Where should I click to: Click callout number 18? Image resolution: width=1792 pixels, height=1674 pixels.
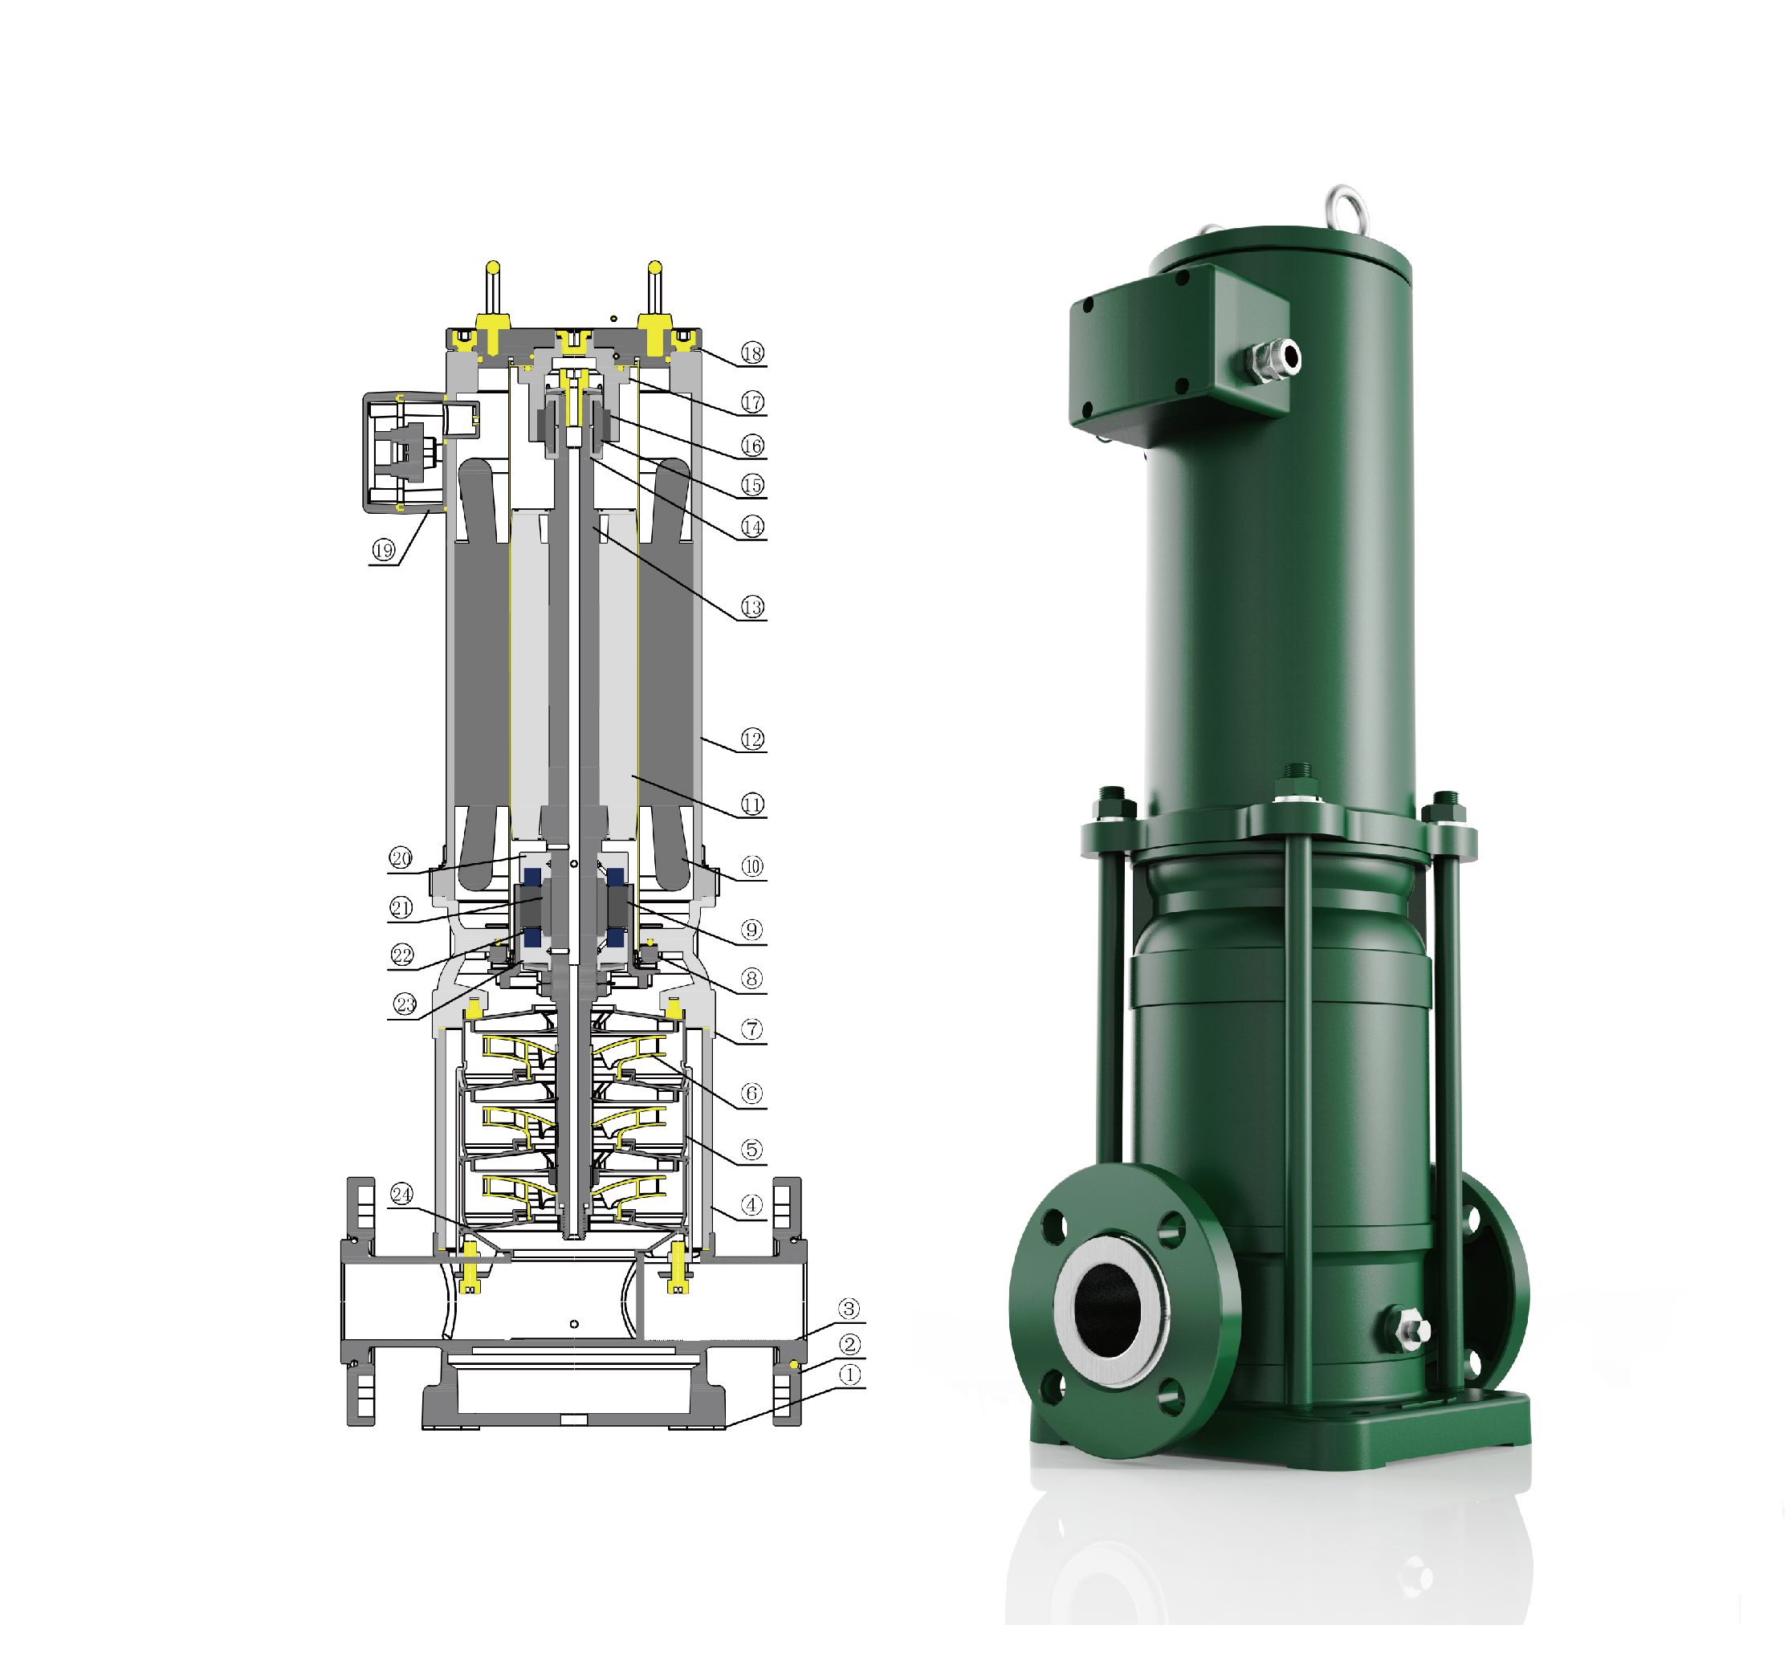751,352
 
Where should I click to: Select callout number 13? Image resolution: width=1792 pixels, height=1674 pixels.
751,607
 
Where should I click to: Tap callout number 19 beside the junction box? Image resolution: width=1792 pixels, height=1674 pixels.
384,550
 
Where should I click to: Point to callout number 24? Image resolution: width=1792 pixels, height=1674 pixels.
401,1195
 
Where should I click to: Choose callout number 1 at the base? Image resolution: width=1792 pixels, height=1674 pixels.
849,1375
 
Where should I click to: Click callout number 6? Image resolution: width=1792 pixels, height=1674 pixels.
751,1094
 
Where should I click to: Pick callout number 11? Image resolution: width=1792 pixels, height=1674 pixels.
751,804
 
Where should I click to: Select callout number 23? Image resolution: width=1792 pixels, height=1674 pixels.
405,1004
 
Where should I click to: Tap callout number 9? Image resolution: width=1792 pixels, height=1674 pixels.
751,930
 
